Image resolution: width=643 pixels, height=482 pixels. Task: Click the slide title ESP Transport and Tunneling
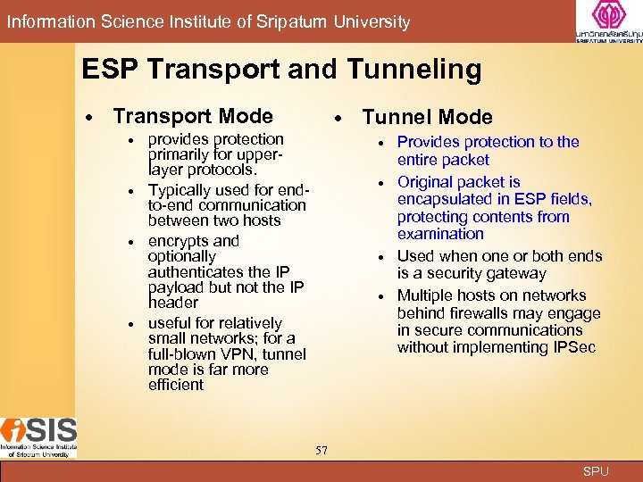click(x=281, y=70)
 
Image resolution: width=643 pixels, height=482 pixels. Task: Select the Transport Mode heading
click(x=193, y=116)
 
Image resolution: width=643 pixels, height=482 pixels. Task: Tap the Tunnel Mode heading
click(x=427, y=117)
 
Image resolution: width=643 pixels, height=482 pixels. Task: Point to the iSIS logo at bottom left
click(x=38, y=436)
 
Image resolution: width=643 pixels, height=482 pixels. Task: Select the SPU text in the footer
click(x=596, y=471)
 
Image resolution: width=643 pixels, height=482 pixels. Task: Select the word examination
click(x=440, y=234)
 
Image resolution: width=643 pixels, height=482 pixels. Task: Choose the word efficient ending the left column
click(x=176, y=385)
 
